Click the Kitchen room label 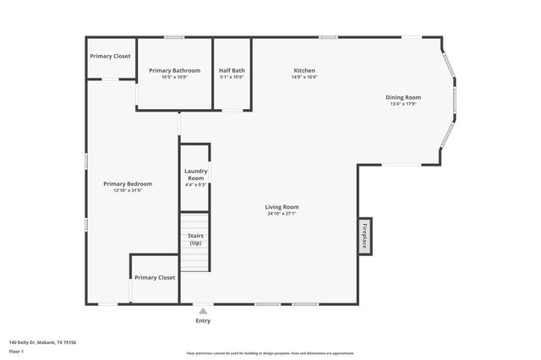pyautogui.click(x=304, y=70)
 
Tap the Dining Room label pyautogui.click(x=405, y=97)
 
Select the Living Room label pyautogui.click(x=281, y=207)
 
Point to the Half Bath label pyautogui.click(x=232, y=70)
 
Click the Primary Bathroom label pyautogui.click(x=174, y=70)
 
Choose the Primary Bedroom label pyautogui.click(x=128, y=184)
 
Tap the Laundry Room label pyautogui.click(x=195, y=175)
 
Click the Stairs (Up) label pyautogui.click(x=195, y=239)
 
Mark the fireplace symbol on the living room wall pyautogui.click(x=364, y=235)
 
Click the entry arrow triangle pyautogui.click(x=203, y=311)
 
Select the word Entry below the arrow pyautogui.click(x=203, y=321)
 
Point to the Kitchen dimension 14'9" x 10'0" pyautogui.click(x=304, y=77)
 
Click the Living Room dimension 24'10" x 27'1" pyautogui.click(x=281, y=214)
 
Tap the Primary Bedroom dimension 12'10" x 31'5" pyautogui.click(x=128, y=191)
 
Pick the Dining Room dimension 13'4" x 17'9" pyautogui.click(x=405, y=104)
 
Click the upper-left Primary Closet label pyautogui.click(x=111, y=56)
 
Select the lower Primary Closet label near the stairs pyautogui.click(x=155, y=277)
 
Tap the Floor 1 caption pyautogui.click(x=16, y=350)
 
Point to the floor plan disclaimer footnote pyautogui.click(x=270, y=353)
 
